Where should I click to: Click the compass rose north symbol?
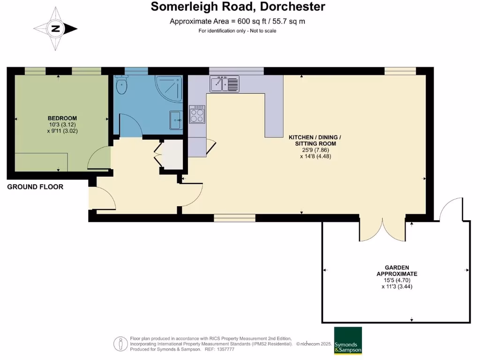(x=56, y=29)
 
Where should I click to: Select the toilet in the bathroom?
(x=121, y=85)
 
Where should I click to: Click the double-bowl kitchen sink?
(x=225, y=84)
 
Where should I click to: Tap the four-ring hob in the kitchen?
(x=197, y=114)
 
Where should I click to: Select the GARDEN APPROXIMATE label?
(x=397, y=270)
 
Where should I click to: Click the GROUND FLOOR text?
(x=35, y=187)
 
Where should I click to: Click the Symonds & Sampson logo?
(x=348, y=340)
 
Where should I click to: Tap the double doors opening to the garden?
(x=382, y=230)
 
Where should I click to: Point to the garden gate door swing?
(x=451, y=209)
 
